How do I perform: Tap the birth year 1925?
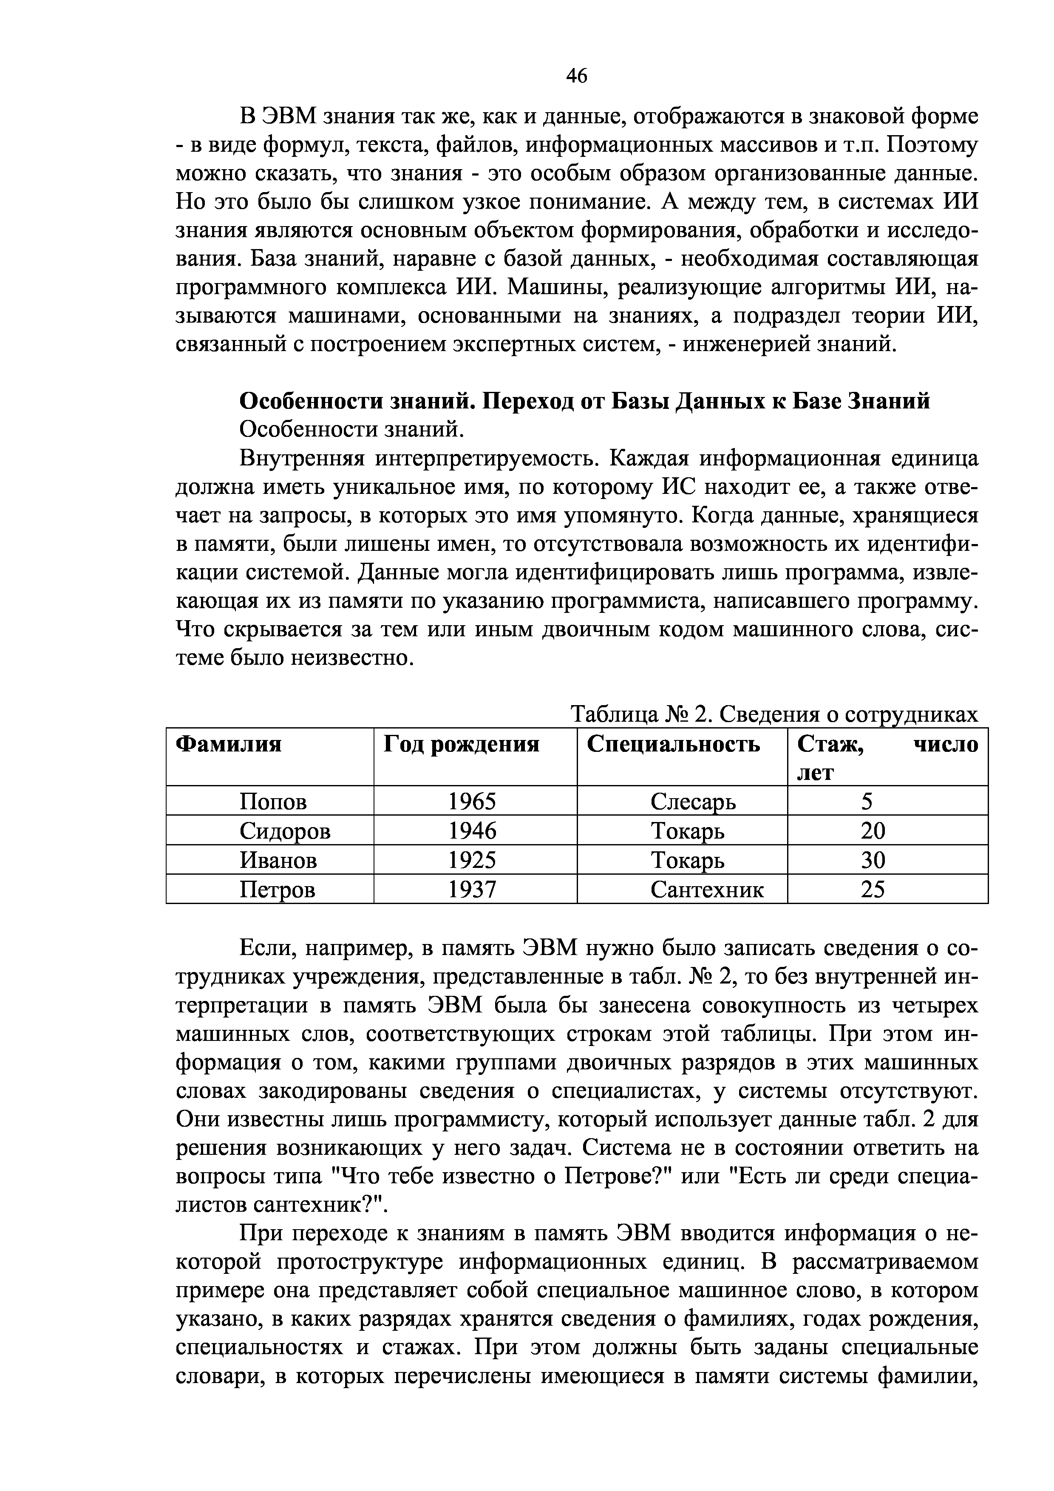tap(472, 860)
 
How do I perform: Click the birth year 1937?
tap(472, 889)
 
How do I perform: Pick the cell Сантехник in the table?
tap(707, 889)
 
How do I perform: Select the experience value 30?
tap(873, 860)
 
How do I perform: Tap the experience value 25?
tap(873, 889)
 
